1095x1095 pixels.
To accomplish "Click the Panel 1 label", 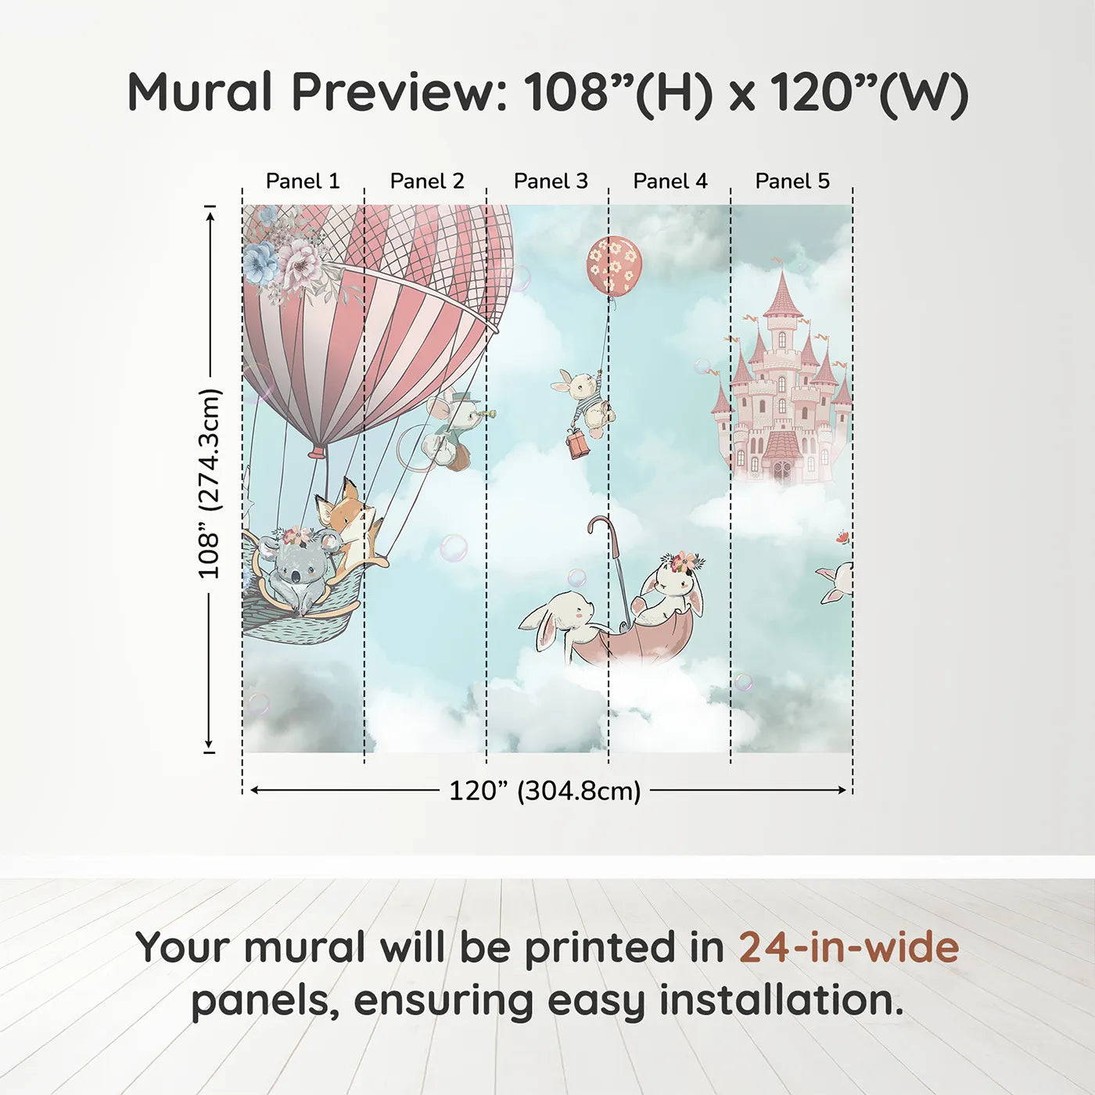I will [303, 181].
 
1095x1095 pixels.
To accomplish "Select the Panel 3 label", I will [551, 181].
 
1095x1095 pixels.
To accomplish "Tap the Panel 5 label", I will [792, 181].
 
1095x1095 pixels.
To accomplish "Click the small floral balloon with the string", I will [613, 265].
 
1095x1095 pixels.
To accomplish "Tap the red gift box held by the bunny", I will [577, 443].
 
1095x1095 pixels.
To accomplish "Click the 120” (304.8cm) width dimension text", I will [544, 791].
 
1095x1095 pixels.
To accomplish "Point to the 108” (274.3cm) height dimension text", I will [210, 483].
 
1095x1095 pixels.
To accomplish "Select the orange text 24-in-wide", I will [849, 947].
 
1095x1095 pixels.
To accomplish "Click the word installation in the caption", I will [781, 1000].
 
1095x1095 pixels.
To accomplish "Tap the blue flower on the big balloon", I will [260, 262].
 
